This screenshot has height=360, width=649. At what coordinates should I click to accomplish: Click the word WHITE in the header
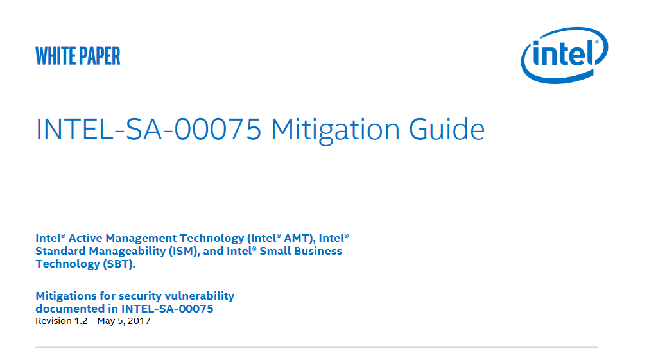tap(55, 56)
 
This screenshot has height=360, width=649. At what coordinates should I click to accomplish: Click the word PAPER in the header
tap(100, 56)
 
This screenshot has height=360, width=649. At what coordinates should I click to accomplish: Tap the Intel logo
tap(564, 55)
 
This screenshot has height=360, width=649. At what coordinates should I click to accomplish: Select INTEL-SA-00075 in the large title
tap(148, 130)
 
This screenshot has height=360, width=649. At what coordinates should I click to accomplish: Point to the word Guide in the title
tap(447, 130)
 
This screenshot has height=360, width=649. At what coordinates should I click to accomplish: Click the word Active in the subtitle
tap(85, 238)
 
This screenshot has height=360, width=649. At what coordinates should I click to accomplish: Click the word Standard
tap(60, 251)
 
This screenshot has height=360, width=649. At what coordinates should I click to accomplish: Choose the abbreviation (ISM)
tap(184, 252)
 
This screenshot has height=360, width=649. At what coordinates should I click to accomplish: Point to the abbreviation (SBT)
tap(119, 264)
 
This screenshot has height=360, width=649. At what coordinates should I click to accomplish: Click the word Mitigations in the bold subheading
tap(66, 296)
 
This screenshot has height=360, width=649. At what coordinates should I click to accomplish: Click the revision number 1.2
tap(81, 321)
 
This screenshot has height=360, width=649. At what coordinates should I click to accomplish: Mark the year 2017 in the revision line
tap(139, 321)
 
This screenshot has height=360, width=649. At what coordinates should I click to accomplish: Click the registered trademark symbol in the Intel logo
tap(596, 42)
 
